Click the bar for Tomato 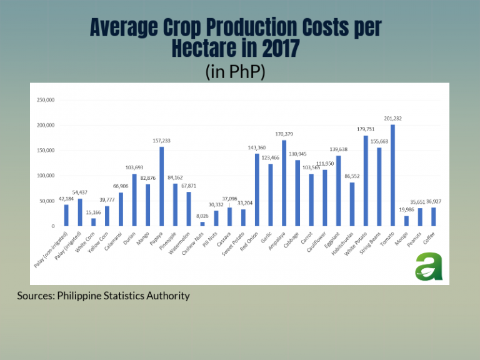392,175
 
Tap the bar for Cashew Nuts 202,224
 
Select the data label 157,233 161,141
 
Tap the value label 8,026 202,216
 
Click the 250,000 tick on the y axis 46,100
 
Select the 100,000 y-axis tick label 46,176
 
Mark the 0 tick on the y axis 54,226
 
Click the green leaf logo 428,265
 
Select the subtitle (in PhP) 235,72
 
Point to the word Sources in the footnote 36,295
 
